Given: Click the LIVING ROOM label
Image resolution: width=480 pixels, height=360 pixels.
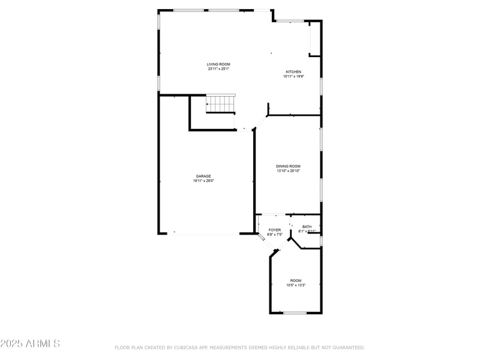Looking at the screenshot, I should click(x=218, y=64).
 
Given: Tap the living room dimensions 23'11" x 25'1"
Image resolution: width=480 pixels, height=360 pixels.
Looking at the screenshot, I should click(x=218, y=69).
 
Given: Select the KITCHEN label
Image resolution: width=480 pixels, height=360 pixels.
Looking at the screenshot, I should click(x=293, y=71).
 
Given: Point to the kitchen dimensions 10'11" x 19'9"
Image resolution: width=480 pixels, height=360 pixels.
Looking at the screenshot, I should click(x=293, y=76).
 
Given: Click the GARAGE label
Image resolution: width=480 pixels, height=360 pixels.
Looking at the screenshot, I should click(x=203, y=176).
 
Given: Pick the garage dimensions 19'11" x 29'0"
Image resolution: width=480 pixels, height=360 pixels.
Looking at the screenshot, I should click(x=203, y=181).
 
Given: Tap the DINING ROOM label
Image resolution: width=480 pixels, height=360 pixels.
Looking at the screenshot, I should click(x=288, y=166).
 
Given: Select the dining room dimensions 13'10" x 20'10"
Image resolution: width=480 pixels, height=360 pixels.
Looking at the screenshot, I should click(x=288, y=171).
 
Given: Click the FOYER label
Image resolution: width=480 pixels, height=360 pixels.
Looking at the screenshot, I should click(x=274, y=230).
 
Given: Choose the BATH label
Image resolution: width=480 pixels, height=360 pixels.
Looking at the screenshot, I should click(x=307, y=227).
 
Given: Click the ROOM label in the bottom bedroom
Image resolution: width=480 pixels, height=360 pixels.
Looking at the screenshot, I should click(x=296, y=281).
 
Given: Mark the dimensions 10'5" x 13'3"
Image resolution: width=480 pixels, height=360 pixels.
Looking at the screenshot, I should click(x=296, y=286).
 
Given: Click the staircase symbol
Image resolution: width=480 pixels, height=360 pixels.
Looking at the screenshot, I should click(x=221, y=104).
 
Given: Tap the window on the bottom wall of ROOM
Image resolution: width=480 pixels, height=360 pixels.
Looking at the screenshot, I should click(x=295, y=313).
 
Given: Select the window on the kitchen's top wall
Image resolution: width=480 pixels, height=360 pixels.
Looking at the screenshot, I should click(x=290, y=21).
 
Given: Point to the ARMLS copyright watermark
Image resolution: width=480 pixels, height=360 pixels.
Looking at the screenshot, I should click(x=30, y=344).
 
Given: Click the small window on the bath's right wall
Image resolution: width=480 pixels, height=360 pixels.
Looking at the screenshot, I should click(x=322, y=241).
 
